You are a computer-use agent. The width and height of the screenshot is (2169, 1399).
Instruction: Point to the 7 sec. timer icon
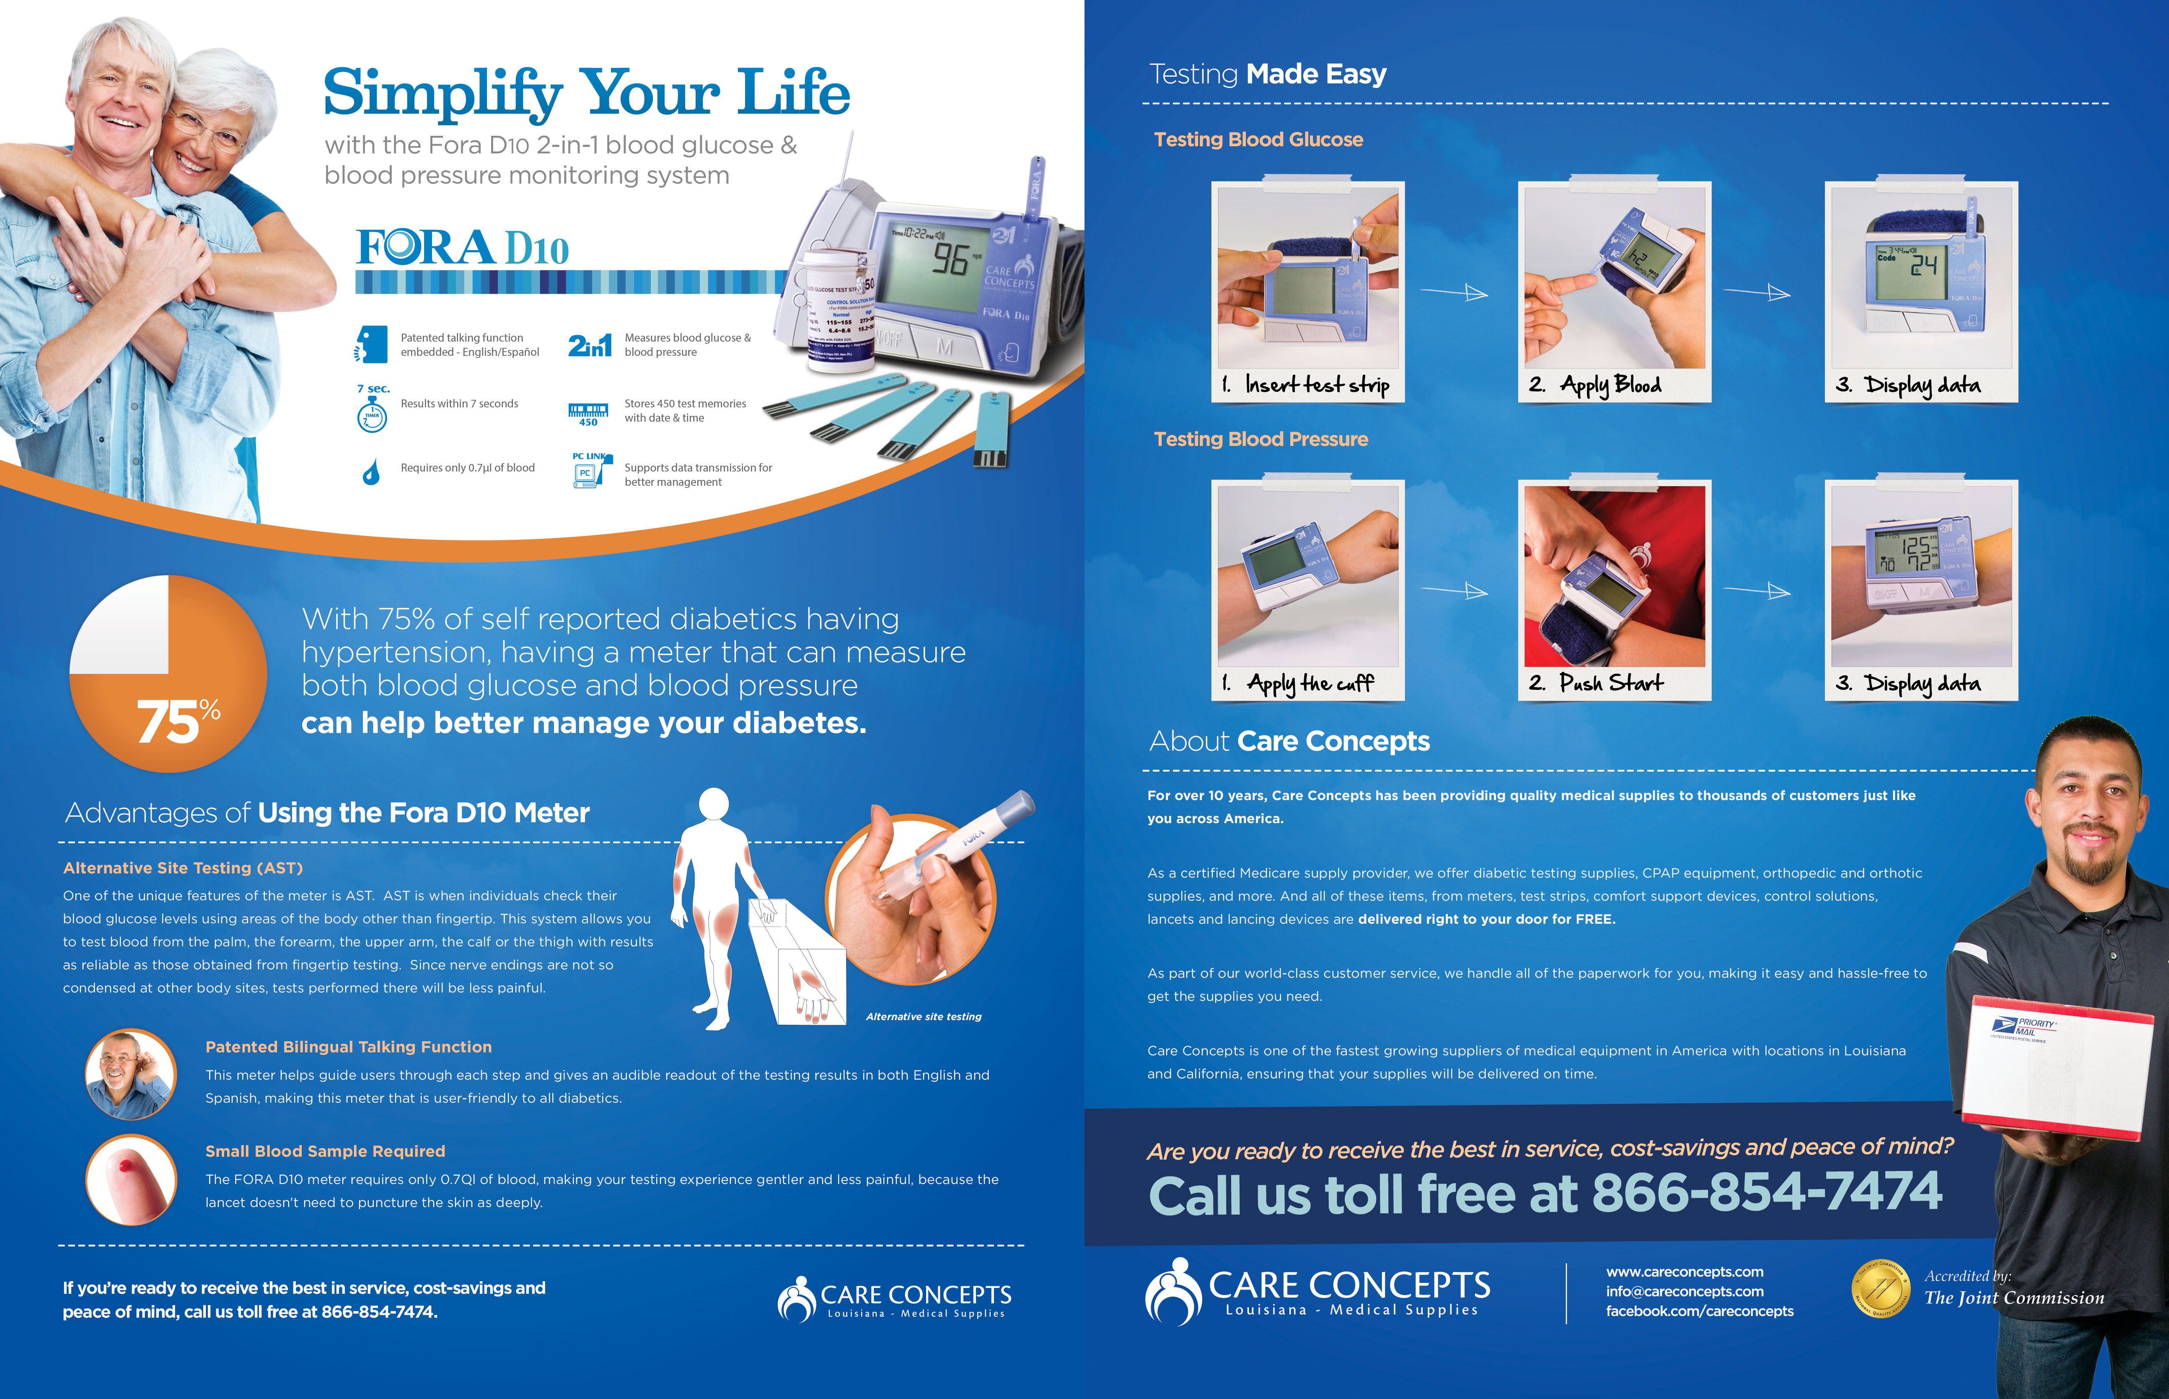pos(373,409)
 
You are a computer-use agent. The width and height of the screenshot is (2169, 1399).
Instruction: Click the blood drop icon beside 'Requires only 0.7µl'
pos(370,472)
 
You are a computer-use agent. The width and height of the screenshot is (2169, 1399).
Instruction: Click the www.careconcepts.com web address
pos(1685,1272)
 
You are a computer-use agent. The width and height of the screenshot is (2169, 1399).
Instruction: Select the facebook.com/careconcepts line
pos(1699,1311)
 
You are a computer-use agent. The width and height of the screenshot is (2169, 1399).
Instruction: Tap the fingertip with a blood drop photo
pos(132,1179)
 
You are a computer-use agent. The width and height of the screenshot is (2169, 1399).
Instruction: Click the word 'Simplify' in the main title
pos(443,93)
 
